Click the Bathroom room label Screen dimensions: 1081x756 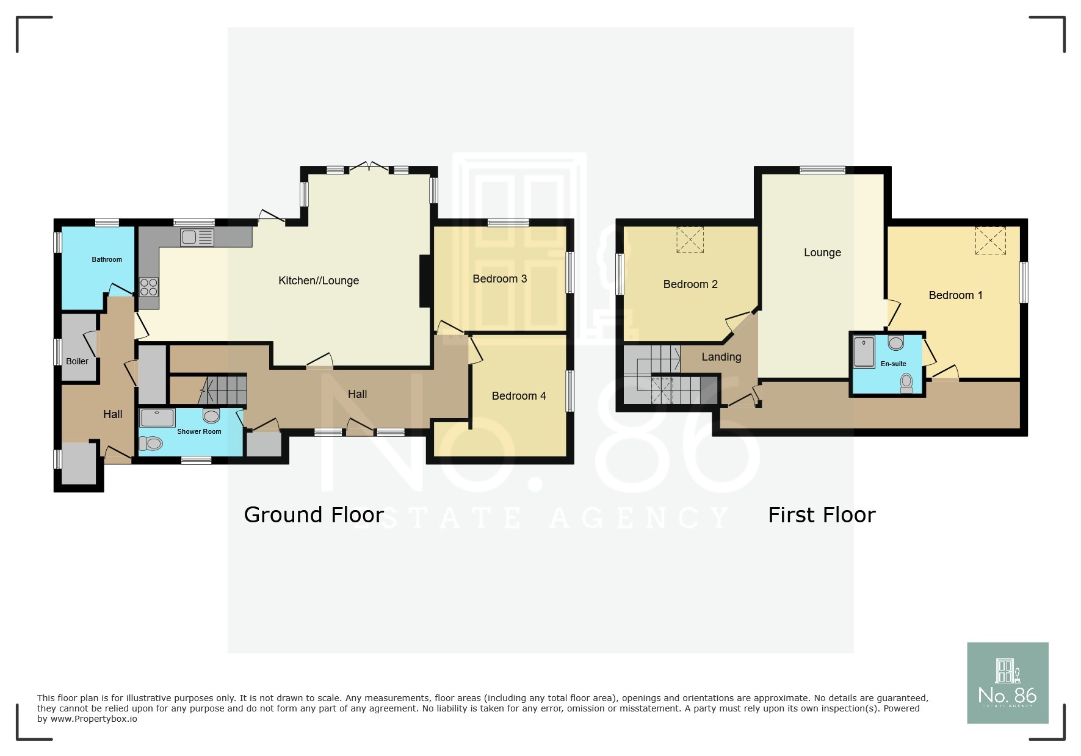(x=107, y=259)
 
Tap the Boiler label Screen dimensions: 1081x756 (x=78, y=361)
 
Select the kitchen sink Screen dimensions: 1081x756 (x=197, y=237)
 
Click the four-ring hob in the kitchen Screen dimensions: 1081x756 (x=149, y=287)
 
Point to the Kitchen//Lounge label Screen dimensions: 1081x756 (x=319, y=281)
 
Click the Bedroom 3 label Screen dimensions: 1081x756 (x=500, y=279)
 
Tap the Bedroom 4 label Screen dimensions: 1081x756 (x=519, y=396)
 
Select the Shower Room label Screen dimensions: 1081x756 (x=199, y=431)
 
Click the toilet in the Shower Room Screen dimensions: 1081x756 (x=151, y=444)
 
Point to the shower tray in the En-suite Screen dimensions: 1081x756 (x=864, y=351)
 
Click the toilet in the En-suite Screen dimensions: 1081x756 (x=906, y=383)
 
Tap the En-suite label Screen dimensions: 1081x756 (x=894, y=364)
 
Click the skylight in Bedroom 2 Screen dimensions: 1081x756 (x=690, y=239)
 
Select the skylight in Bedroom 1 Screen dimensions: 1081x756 (x=990, y=240)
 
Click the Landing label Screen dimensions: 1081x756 (x=721, y=357)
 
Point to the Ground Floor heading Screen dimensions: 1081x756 (x=314, y=515)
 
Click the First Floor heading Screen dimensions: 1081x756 (x=822, y=515)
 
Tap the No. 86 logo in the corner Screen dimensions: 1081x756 (x=1008, y=683)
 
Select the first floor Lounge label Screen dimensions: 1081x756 (x=822, y=253)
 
